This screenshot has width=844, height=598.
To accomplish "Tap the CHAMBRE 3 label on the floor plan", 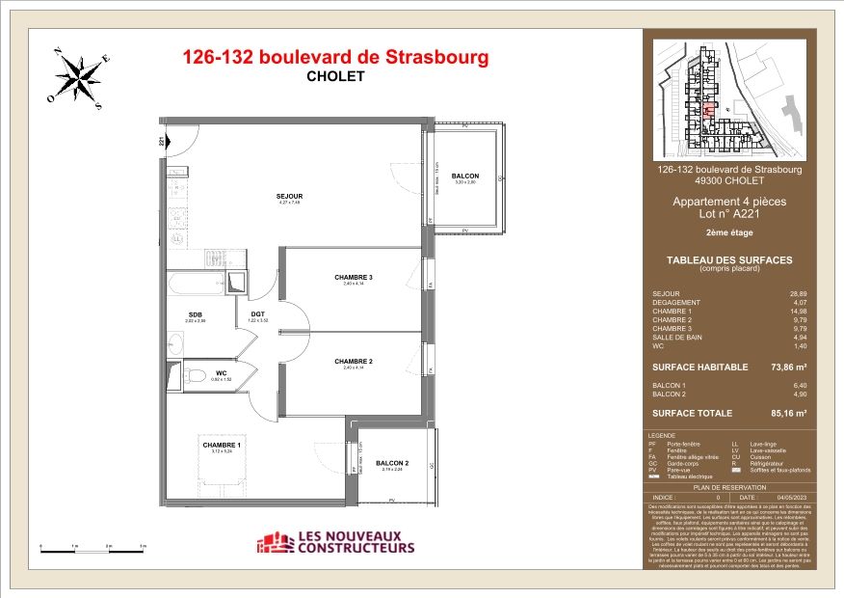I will (x=354, y=278).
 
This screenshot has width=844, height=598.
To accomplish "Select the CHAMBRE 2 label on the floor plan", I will (x=354, y=362).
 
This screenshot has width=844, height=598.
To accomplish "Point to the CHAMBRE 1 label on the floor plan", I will (x=222, y=446).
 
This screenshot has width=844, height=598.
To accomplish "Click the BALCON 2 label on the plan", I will (x=392, y=463).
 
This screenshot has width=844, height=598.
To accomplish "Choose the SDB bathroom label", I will (x=196, y=313).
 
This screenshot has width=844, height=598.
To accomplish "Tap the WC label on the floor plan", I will (x=221, y=372).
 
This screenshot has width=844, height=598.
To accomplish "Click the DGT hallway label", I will (x=258, y=313).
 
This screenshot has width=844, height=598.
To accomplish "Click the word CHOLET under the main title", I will (x=335, y=77).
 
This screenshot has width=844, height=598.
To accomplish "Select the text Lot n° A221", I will (x=728, y=215).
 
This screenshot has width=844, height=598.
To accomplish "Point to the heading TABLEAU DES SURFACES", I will (x=728, y=259).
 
